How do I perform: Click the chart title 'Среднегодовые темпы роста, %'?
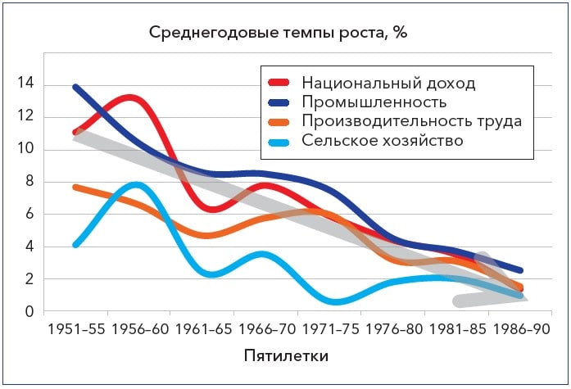(278, 34)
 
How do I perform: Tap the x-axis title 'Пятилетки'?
(287, 357)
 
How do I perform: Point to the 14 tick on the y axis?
(25, 84)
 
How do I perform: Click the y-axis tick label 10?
(25, 149)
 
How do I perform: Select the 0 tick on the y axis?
(29, 312)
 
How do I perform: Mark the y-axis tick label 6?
(29, 215)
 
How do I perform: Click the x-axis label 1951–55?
(75, 331)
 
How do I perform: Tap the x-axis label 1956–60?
(138, 331)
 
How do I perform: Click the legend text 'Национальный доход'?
(388, 84)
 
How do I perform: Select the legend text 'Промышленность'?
(374, 102)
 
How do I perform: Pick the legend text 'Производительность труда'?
(411, 121)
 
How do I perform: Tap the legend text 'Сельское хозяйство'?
(383, 140)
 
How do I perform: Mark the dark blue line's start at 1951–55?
(75, 87)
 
